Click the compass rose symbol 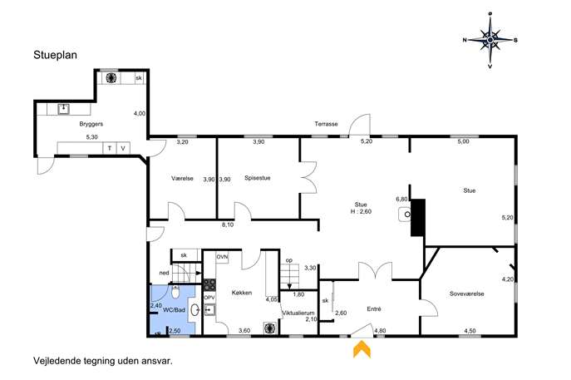(490, 40)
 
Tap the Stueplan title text (56, 55)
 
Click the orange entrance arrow (362, 348)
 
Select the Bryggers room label (91, 124)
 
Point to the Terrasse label (326, 124)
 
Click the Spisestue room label (258, 178)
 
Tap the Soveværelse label (466, 294)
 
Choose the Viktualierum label (298, 313)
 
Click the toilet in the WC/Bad (175, 292)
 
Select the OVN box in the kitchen (222, 257)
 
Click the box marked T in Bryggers (110, 148)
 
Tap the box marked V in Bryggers (123, 148)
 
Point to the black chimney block (418, 218)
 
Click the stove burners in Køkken (209, 284)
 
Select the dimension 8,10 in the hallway (228, 225)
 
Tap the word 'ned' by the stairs (164, 273)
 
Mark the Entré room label (374, 309)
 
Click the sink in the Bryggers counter (64, 109)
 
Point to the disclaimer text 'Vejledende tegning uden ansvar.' (103, 361)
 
